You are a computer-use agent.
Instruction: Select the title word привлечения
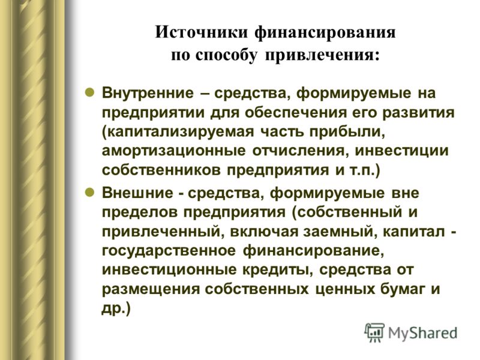pyautogui.click(x=322, y=56)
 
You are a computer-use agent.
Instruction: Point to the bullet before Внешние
pyautogui.click(x=89, y=192)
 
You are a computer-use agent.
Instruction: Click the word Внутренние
pyautogui.click(x=148, y=93)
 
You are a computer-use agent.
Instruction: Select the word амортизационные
pyautogui.click(x=173, y=151)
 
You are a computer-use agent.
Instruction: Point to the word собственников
pyautogui.click(x=161, y=170)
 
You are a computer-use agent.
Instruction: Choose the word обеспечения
pyautogui.click(x=296, y=113)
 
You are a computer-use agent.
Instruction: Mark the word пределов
pyautogui.click(x=140, y=212)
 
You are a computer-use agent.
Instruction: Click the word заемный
pyautogui.click(x=340, y=232)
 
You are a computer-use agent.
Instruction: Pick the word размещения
pyautogui.click(x=151, y=289)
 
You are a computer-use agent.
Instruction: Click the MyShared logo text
pyautogui.click(x=423, y=333)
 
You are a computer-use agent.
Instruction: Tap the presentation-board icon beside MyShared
pyautogui.click(x=374, y=332)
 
